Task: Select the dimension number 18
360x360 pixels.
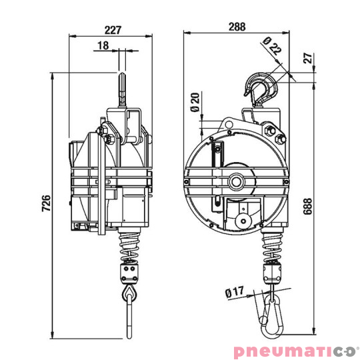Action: pyautogui.click(x=103, y=45)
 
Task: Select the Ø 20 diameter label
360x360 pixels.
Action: pyautogui.click(x=195, y=103)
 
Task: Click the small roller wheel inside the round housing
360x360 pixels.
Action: pyautogui.click(x=243, y=217)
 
